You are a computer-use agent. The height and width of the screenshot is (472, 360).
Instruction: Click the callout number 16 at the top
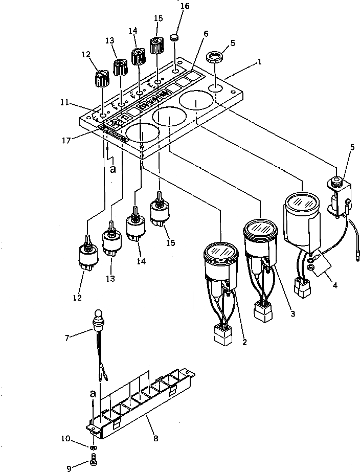tap(170, 6)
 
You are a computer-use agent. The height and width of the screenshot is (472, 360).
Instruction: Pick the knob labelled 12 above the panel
tap(101, 79)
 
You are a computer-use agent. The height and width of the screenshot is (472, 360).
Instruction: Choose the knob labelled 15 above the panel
tap(156, 46)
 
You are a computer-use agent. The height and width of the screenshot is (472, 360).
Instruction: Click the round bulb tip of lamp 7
tap(98, 313)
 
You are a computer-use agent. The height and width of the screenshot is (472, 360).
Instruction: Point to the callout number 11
tap(63, 103)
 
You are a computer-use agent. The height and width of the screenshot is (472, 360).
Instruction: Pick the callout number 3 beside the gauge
tap(292, 313)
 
